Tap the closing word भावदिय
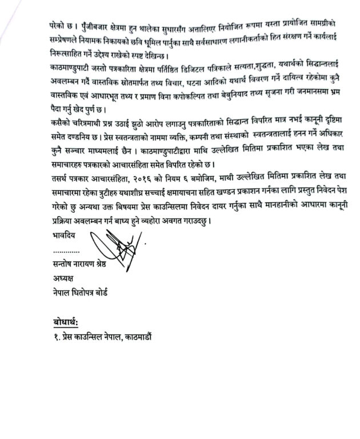point(63,234)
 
